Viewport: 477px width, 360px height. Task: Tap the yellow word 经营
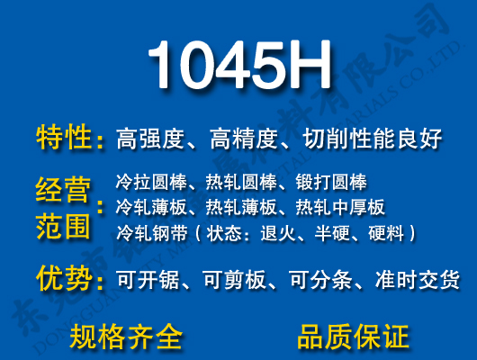tap(63, 191)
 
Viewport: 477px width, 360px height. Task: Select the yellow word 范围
tap(63, 226)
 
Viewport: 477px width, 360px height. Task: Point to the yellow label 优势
tap(65, 278)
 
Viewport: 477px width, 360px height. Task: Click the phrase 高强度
tap(151, 139)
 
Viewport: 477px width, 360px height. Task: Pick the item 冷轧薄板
tap(147, 208)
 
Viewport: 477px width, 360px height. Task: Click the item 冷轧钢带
tap(147, 233)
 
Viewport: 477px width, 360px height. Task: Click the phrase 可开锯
tap(142, 281)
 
